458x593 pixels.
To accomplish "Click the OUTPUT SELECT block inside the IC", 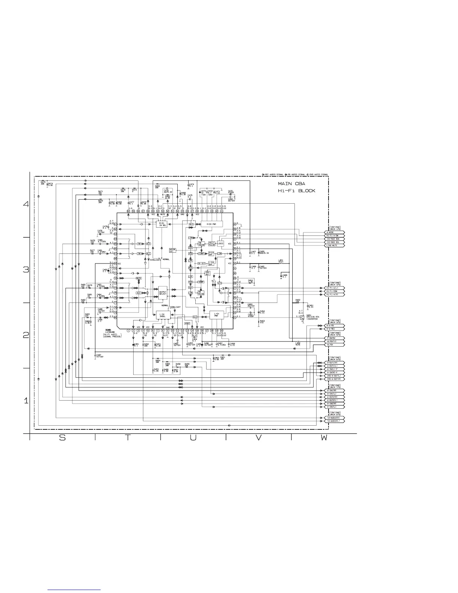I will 163,293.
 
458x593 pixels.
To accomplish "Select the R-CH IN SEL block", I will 162,224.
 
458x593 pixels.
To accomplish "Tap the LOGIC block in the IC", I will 220,243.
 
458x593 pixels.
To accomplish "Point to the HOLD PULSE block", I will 211,243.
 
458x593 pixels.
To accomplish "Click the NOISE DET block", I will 172,250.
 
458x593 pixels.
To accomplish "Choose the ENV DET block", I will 208,273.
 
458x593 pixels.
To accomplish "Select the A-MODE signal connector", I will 335,232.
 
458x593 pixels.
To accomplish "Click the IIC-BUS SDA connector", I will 335,239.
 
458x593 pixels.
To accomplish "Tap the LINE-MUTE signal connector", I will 335,246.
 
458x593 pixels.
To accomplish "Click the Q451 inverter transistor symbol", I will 302,317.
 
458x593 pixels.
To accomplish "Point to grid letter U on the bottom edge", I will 193,438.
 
